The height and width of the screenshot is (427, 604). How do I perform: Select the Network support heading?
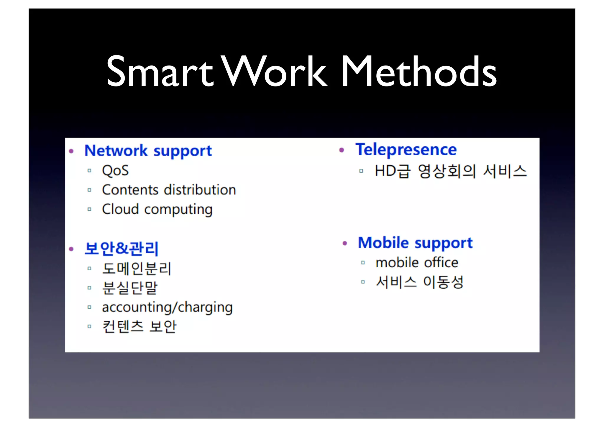click(x=148, y=151)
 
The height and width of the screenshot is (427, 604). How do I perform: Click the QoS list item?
click(x=115, y=171)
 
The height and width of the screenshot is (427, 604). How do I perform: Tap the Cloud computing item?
click(x=157, y=210)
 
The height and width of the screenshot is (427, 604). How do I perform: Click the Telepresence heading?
click(x=406, y=150)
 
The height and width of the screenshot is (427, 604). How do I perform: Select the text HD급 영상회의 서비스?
click(x=450, y=171)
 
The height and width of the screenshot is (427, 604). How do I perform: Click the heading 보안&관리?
click(x=122, y=248)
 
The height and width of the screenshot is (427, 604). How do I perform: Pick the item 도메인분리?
click(x=137, y=269)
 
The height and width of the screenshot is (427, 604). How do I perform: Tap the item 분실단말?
click(x=130, y=288)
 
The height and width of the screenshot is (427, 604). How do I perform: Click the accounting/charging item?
click(x=167, y=307)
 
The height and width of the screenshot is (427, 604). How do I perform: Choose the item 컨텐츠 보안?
click(x=139, y=327)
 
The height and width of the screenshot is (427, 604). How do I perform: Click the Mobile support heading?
click(x=415, y=243)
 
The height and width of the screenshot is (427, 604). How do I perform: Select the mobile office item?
click(x=417, y=263)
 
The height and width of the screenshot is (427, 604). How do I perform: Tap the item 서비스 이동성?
click(x=419, y=282)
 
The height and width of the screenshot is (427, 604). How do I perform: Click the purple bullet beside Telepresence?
click(x=342, y=150)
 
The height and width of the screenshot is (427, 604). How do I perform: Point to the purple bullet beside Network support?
click(x=71, y=151)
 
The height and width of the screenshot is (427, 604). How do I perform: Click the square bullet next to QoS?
click(x=89, y=171)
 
